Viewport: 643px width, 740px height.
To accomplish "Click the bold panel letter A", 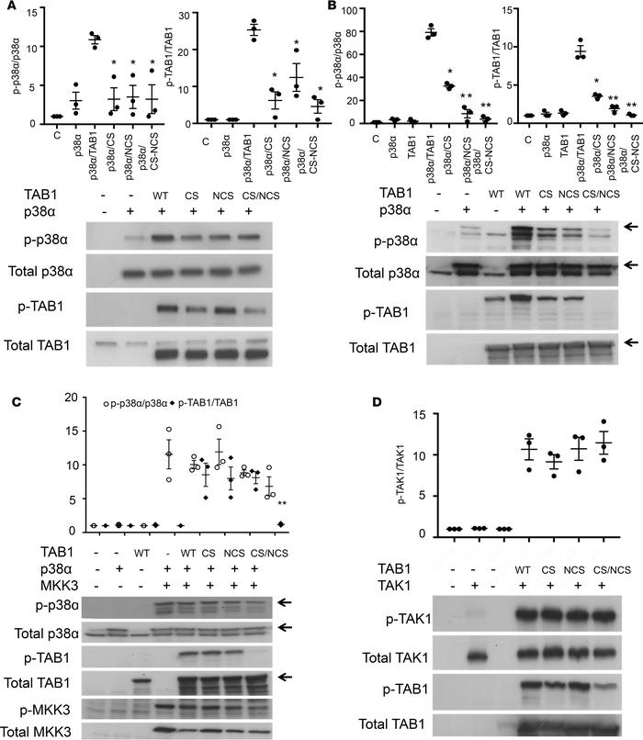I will tap(9, 9).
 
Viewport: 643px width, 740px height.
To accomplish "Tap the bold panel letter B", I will tap(334, 9).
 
